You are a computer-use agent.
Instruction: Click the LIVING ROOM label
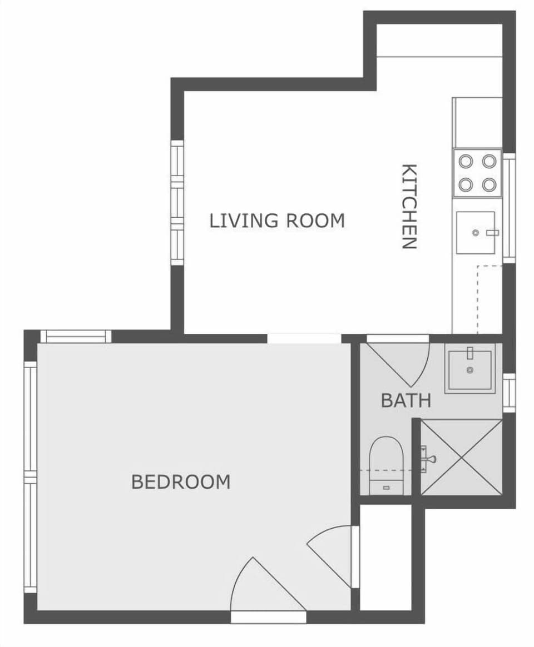(277, 220)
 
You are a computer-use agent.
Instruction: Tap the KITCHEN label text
(409, 206)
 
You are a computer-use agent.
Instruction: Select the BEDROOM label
(181, 482)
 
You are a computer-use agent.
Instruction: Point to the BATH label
(406, 400)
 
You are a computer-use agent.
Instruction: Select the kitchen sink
(476, 232)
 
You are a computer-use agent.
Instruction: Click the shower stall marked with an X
(461, 457)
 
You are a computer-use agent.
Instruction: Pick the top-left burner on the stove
(466, 162)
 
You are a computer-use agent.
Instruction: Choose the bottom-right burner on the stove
(489, 185)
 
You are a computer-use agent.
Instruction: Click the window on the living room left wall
(177, 203)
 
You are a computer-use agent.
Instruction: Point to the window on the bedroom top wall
(76, 337)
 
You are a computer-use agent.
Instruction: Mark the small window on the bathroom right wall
(509, 393)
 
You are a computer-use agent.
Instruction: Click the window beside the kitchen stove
(509, 208)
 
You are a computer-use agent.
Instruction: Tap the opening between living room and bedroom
(304, 338)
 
